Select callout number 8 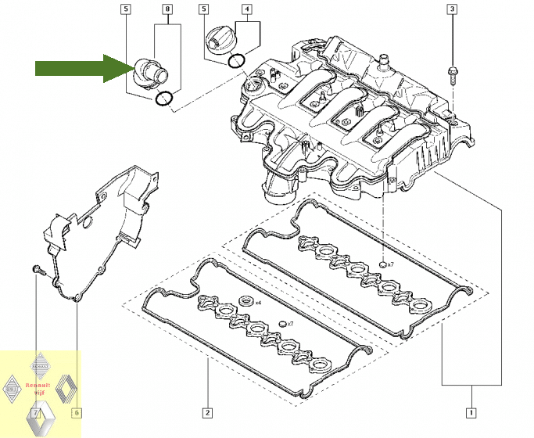(167, 10)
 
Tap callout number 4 (248, 10)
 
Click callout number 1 (470, 412)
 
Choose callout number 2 (207, 412)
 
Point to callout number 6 (77, 412)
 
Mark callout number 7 (36, 412)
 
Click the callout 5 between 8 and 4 (204, 10)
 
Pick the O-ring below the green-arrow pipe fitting (164, 99)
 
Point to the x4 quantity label (259, 302)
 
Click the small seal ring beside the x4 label (246, 301)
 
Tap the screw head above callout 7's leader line (36, 270)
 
